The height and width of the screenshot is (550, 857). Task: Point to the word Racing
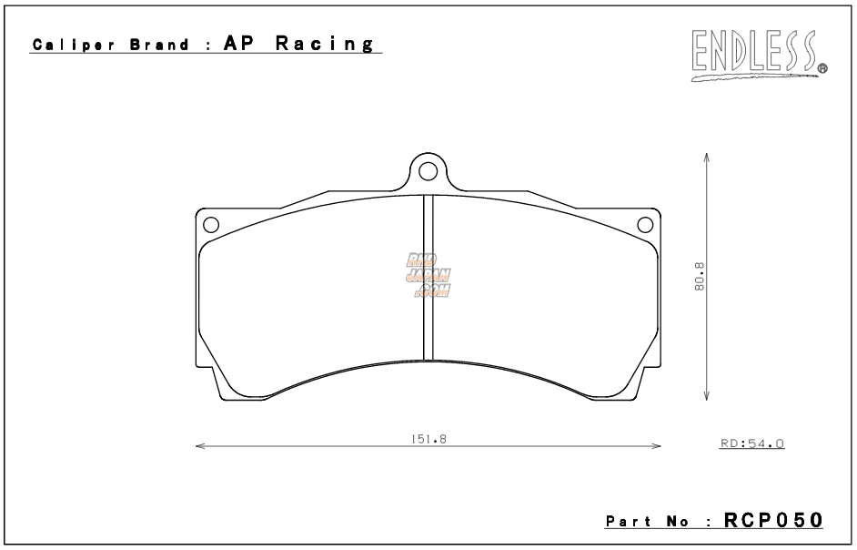[318, 45]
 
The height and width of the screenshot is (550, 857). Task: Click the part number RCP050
[773, 520]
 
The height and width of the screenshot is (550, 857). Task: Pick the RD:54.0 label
[751, 443]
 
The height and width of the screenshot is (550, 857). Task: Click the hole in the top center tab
[428, 170]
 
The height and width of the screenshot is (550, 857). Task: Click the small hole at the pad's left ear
[210, 224]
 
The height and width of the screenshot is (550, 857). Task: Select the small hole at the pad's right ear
[645, 224]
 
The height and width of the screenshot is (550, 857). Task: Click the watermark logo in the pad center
[428, 275]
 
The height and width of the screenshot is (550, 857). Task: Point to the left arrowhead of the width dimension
[199, 446]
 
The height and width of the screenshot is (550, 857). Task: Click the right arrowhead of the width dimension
[657, 446]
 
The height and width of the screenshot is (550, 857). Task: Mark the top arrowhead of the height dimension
[708, 156]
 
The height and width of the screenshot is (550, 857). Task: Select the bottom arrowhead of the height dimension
[708, 397]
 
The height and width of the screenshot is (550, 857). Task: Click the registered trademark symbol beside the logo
[822, 67]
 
